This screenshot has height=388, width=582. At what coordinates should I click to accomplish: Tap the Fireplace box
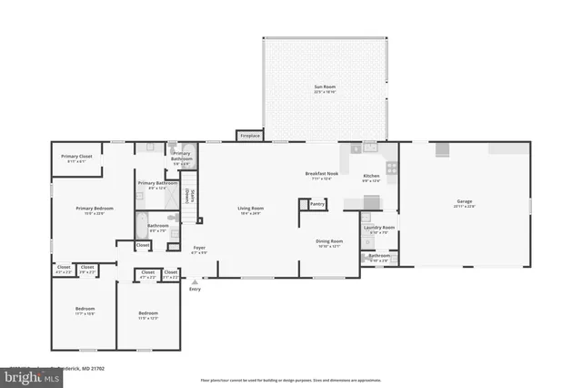pyautogui.click(x=249, y=136)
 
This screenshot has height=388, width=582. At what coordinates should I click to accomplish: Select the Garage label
pyautogui.click(x=465, y=202)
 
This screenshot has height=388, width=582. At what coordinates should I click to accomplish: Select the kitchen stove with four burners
pyautogui.click(x=390, y=168)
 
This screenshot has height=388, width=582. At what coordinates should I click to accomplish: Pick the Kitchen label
pyautogui.click(x=371, y=177)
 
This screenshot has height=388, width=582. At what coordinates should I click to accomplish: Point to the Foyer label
pyautogui.click(x=198, y=248)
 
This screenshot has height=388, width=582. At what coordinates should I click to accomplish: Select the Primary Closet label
pyautogui.click(x=76, y=158)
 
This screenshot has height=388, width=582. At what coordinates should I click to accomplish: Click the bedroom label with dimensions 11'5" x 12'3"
pyautogui.click(x=147, y=315)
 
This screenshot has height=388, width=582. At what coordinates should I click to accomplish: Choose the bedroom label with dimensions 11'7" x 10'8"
pyautogui.click(x=85, y=311)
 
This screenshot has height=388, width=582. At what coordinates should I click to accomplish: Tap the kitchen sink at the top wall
pyautogui.click(x=369, y=147)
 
